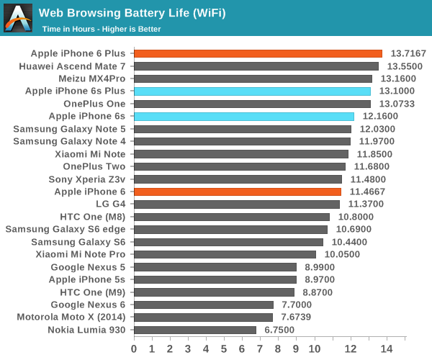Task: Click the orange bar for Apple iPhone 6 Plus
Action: (258, 53)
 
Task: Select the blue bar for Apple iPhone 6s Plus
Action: (252, 91)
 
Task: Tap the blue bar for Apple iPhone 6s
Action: (243, 116)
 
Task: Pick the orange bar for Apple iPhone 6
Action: (238, 192)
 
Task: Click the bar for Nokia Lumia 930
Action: (195, 330)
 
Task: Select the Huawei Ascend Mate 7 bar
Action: (256, 66)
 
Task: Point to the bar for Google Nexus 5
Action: (215, 267)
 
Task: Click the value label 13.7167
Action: (408, 54)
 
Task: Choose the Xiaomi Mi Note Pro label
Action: (80, 254)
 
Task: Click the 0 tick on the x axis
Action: (134, 348)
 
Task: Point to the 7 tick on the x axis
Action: (261, 348)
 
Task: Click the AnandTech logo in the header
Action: (17, 17)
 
